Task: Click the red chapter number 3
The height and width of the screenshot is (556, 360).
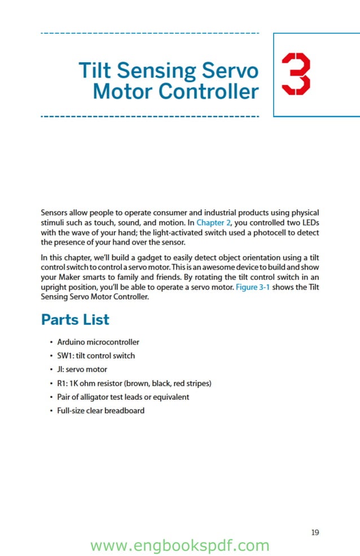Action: point(296,74)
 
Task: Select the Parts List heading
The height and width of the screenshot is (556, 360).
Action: point(75,320)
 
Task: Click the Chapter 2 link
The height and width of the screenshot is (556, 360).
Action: point(213,223)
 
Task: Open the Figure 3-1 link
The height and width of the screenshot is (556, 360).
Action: point(257,287)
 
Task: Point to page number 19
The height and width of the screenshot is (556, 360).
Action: point(315,532)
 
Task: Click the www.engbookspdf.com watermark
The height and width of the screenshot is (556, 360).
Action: point(179,546)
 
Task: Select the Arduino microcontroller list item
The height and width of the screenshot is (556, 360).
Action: point(98,342)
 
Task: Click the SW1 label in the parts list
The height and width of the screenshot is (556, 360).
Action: point(64,356)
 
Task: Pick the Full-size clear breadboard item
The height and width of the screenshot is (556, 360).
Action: point(100,411)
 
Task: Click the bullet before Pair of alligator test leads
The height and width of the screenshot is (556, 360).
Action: point(51,398)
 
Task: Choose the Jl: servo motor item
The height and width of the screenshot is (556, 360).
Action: point(82,370)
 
